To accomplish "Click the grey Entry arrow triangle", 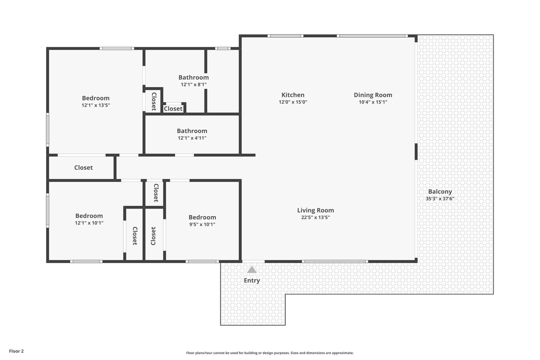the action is (x=252, y=270).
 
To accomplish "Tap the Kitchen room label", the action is (x=293, y=95).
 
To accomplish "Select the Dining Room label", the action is (x=373, y=95).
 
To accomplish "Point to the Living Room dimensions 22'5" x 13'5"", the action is (x=316, y=217).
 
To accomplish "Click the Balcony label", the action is (x=440, y=192).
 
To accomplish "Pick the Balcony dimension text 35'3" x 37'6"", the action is (x=440, y=199).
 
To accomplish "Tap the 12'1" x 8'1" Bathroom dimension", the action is (x=194, y=85).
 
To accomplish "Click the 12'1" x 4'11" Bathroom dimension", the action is (x=192, y=138).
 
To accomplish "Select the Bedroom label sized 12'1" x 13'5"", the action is (x=96, y=98).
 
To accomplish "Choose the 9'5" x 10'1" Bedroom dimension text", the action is (x=202, y=224).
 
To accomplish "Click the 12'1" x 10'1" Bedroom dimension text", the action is (x=89, y=223).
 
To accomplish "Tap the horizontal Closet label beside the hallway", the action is (x=83, y=167).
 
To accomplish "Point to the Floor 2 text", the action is (x=17, y=351).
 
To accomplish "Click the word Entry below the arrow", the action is (x=252, y=280).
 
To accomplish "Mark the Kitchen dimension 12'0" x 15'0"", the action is (x=293, y=102).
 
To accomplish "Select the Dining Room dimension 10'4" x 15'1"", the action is (x=373, y=102).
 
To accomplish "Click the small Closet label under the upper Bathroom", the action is (x=173, y=109).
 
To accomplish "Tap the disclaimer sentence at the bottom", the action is (x=270, y=353).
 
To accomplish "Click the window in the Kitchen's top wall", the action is (x=286, y=36).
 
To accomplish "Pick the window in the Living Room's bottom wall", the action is (x=335, y=261).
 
